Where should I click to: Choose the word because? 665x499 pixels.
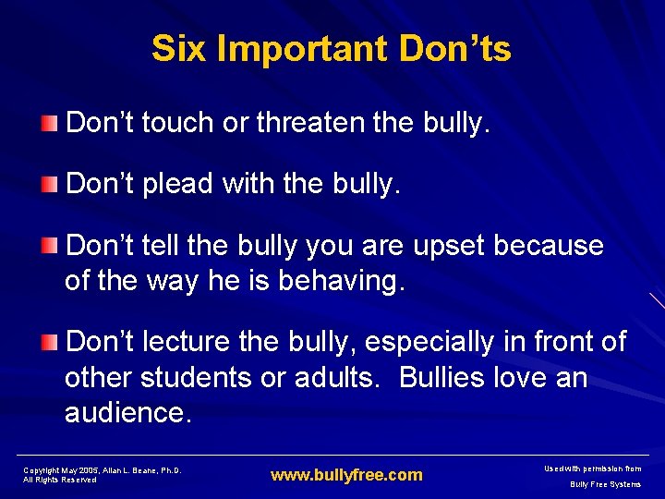[549, 247]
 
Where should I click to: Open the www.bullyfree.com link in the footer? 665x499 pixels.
[345, 476]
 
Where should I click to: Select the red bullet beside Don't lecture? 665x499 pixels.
[48, 343]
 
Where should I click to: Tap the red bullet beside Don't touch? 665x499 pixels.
[48, 124]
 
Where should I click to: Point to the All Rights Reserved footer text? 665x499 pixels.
[60, 480]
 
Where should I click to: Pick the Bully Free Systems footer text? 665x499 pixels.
[605, 484]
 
